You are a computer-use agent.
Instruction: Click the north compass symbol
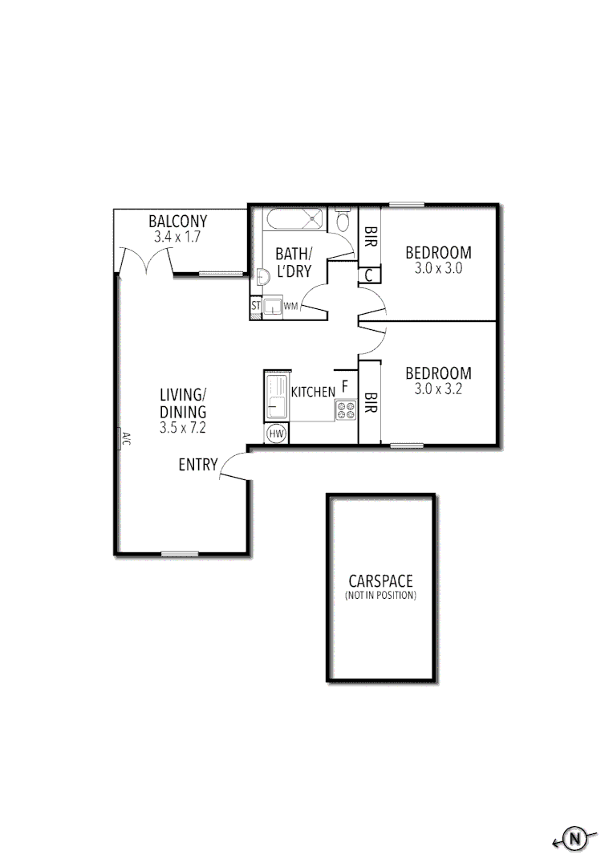pos(574,839)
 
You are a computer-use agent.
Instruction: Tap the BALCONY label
pos(178,222)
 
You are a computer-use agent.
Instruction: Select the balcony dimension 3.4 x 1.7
pos(178,238)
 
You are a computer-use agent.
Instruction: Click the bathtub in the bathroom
pos(294,219)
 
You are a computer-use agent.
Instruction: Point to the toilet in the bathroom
pos(343,219)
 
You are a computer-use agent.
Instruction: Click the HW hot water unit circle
pos(277,433)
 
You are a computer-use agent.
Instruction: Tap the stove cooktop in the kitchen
pos(346,410)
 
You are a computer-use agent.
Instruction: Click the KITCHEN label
pos(313,392)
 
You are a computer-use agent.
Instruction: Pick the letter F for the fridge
pos(345,386)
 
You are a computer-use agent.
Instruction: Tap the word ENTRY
pos(198,464)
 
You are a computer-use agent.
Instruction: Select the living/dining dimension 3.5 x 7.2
pos(183,428)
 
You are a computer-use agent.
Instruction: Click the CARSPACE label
pos(380,580)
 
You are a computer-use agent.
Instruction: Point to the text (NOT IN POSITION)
pos(380,596)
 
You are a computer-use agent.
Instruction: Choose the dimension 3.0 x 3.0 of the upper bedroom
pos(438,269)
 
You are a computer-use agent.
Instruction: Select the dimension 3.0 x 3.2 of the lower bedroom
pos(438,389)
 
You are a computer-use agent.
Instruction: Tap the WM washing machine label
pos(290,306)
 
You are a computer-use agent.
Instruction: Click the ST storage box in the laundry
pos(256,306)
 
